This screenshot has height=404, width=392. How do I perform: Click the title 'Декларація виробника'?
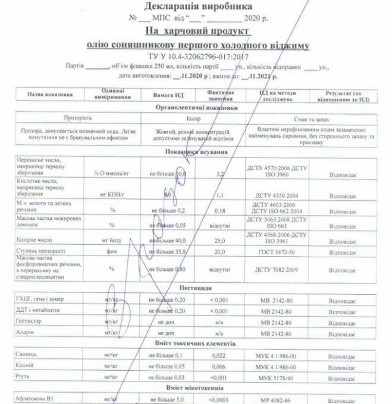click(196, 6)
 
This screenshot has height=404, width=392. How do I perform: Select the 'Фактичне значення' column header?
click(221, 94)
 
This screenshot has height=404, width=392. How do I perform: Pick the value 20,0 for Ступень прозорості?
click(221, 252)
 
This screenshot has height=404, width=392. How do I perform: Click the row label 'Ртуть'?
click(28, 377)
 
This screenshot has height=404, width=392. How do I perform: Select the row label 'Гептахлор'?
click(35, 321)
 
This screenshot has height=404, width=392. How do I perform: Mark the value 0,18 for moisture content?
click(220, 210)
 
